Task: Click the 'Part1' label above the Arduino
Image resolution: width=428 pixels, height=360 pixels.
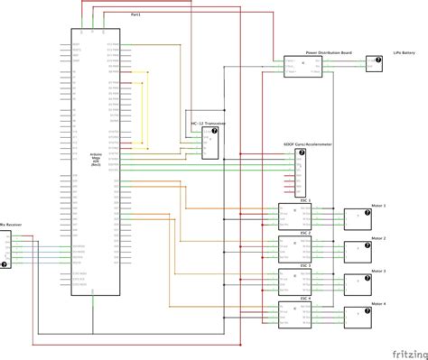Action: coord(135,15)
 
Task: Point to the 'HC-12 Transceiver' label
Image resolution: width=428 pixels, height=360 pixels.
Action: coord(206,122)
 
